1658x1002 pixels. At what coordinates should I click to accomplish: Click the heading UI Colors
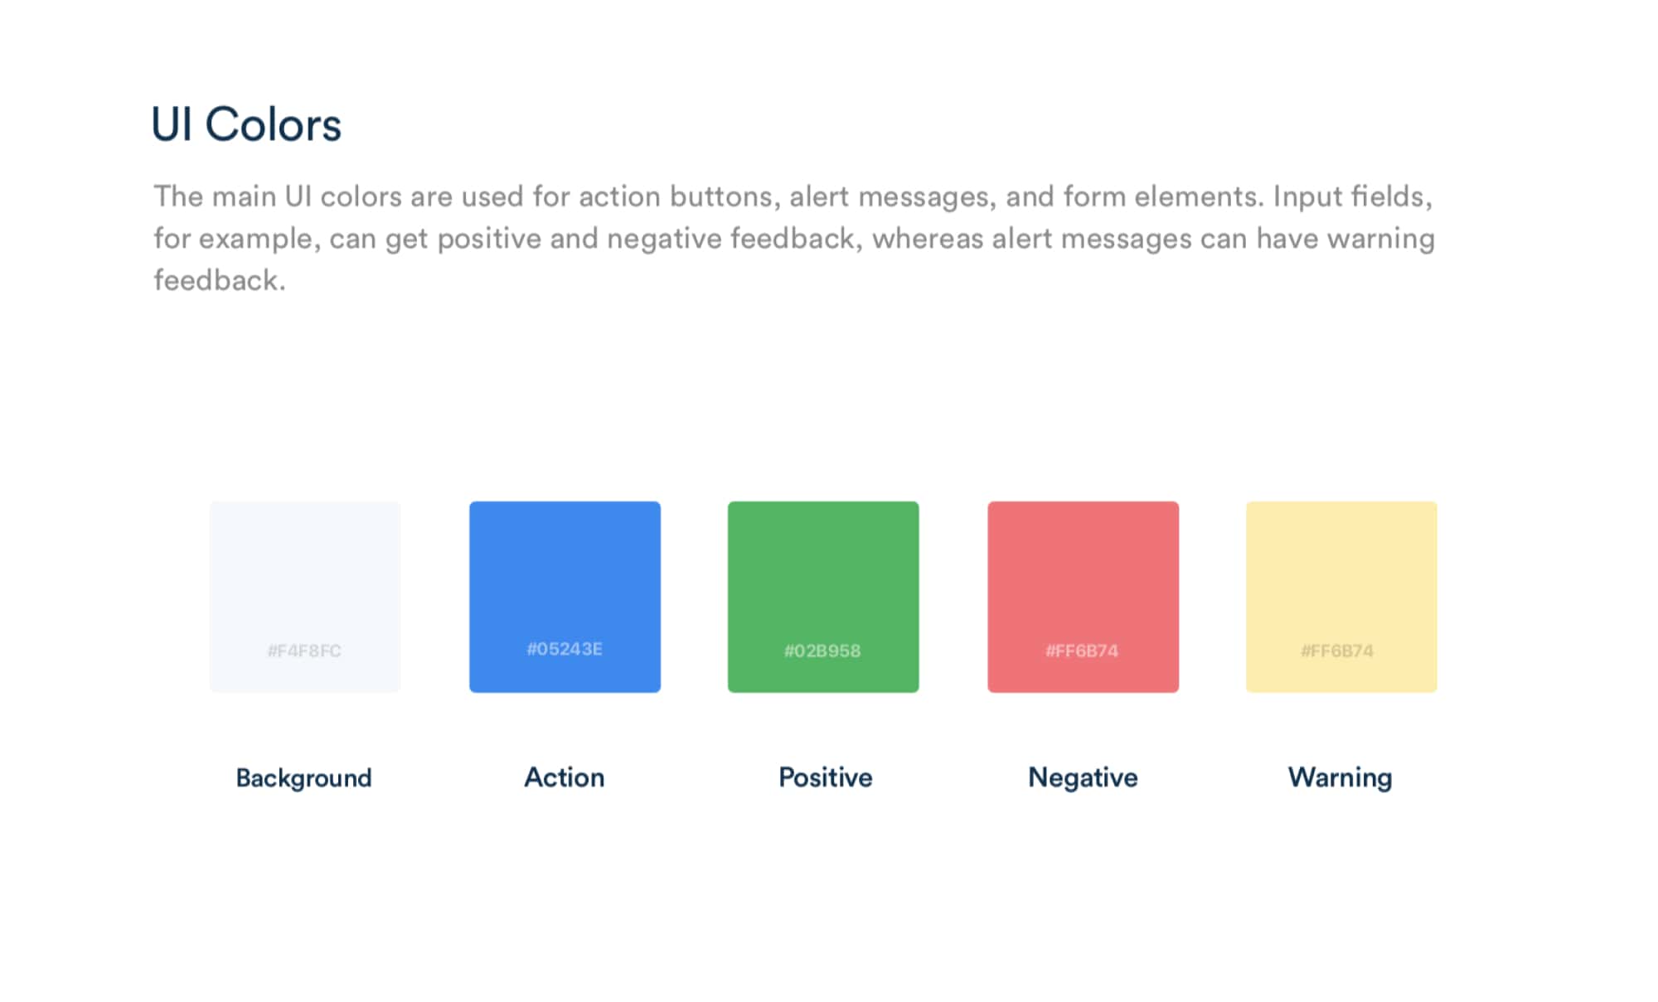coord(246,125)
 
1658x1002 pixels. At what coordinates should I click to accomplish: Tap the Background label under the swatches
coord(303,778)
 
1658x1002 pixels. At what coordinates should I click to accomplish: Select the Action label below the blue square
coord(565,777)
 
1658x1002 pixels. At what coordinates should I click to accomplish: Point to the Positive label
coord(826,777)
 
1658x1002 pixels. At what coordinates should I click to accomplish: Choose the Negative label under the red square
coord(1083,777)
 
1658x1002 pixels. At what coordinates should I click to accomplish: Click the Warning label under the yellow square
coord(1340,777)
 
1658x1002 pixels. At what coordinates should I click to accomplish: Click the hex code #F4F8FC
coord(304,651)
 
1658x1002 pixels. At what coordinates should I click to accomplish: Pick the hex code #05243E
coord(565,649)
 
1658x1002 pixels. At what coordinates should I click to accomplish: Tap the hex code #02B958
coord(822,651)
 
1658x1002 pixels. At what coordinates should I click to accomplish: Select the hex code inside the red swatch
coord(1082,651)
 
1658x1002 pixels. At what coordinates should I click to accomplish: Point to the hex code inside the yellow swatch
coord(1337,651)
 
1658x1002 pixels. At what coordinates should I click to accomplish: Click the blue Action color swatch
coord(565,597)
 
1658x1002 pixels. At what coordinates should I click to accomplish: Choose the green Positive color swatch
coord(823,597)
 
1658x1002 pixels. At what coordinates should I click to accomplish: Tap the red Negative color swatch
coord(1083,597)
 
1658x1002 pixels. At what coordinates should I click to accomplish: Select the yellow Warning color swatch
coord(1341,597)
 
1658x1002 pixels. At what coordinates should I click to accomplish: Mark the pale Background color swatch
coord(305,597)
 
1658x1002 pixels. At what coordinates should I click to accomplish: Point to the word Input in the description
coord(1307,197)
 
